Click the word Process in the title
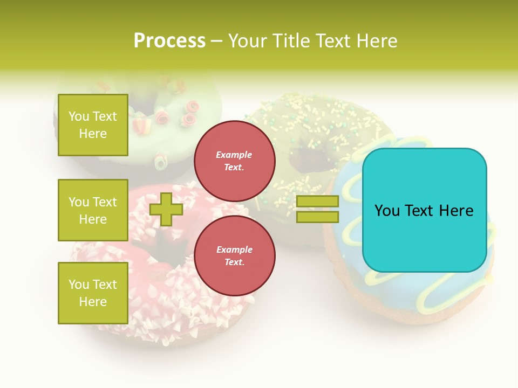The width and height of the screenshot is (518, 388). click(169, 41)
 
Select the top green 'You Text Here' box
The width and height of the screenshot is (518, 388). click(93, 125)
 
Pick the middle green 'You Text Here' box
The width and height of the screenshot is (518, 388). click(93, 210)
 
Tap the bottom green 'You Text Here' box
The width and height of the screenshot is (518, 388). click(93, 293)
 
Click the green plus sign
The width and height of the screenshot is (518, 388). click(166, 209)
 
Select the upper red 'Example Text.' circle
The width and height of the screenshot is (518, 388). click(234, 161)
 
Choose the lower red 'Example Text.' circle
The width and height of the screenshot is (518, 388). click(234, 256)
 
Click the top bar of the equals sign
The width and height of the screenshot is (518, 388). click(317, 201)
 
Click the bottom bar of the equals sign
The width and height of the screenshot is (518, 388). click(317, 217)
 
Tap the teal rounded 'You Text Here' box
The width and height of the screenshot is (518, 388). click(424, 210)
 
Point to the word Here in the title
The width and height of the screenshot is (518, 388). click(377, 41)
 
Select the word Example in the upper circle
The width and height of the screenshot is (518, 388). click(234, 155)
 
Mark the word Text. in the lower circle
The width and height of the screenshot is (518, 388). click(234, 262)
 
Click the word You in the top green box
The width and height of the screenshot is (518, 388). click(79, 116)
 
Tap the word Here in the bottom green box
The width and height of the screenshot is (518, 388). click(93, 302)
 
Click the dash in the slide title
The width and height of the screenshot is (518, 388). click(217, 41)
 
